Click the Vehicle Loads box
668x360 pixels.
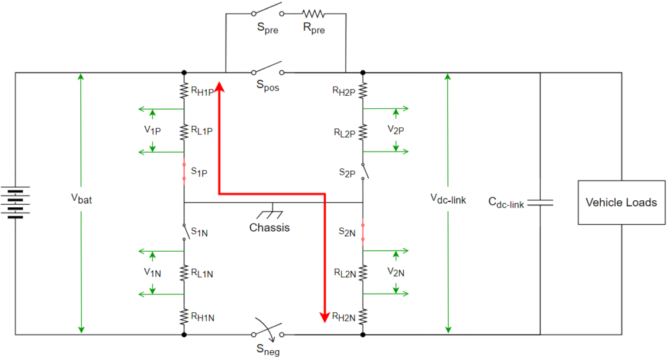pyautogui.click(x=621, y=202)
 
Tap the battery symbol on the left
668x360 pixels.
pyautogui.click(x=16, y=202)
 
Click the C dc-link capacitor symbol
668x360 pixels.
pyautogui.click(x=540, y=202)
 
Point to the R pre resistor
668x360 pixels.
pyautogui.click(x=314, y=14)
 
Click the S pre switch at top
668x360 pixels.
pyautogui.click(x=267, y=9)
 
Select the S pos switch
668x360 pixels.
pyautogui.click(x=267, y=68)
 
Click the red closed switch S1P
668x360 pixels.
pyautogui.click(x=184, y=172)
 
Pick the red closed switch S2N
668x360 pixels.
pyautogui.click(x=363, y=232)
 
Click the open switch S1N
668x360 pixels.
pyautogui.click(x=186, y=232)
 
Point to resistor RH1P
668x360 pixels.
pyautogui.click(x=184, y=91)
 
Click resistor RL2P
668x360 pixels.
pyautogui.click(x=363, y=132)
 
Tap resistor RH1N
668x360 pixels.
pyautogui.click(x=184, y=317)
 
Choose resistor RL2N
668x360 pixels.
pyautogui.click(x=363, y=273)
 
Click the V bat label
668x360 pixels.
pyautogui.click(x=82, y=199)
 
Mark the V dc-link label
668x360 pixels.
pyautogui.click(x=448, y=199)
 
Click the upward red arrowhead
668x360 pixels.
pyautogui.click(x=219, y=87)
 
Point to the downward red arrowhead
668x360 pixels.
pyautogui.click(x=325, y=317)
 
